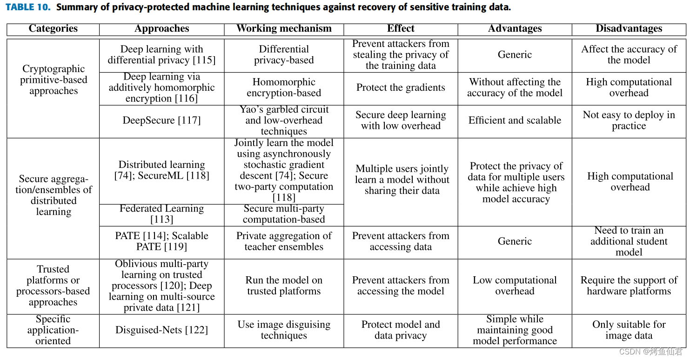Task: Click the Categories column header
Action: (x=53, y=29)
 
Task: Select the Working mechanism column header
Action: (x=284, y=29)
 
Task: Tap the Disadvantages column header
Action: (x=629, y=29)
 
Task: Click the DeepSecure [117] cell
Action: (x=162, y=120)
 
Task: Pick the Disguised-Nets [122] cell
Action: (x=162, y=330)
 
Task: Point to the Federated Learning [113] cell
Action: (x=162, y=214)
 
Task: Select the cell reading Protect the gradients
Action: (x=401, y=87)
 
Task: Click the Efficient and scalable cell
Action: (x=515, y=120)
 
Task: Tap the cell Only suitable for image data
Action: (x=629, y=330)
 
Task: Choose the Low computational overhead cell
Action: (x=515, y=286)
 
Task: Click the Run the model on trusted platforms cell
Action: (x=284, y=286)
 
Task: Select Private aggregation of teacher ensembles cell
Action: (x=284, y=241)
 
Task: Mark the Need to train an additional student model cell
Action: (x=629, y=241)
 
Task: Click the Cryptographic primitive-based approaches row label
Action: (x=53, y=80)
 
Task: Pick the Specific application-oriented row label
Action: (x=53, y=330)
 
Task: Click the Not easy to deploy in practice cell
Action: (x=629, y=120)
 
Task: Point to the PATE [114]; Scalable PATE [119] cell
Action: (x=162, y=241)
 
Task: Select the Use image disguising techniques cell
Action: (x=284, y=330)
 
